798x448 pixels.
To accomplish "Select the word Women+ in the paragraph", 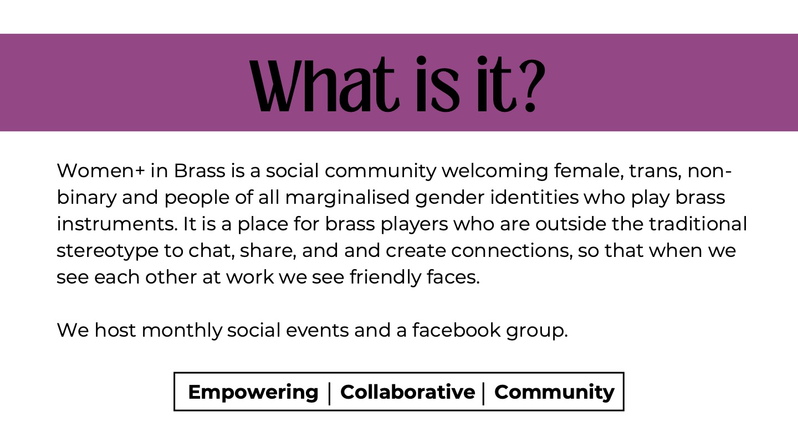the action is pyautogui.click(x=101, y=171).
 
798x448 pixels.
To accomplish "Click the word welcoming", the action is pyautogui.click(x=495, y=171).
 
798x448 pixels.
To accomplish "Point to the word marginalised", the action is pyautogui.click(x=347, y=198).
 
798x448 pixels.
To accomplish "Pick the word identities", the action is pyautogui.click(x=534, y=197).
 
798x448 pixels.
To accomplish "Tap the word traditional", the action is pyautogui.click(x=698, y=224).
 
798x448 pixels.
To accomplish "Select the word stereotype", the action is pyautogui.click(x=108, y=251).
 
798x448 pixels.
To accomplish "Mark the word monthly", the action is pyautogui.click(x=182, y=331).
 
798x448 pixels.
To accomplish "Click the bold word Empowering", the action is pyautogui.click(x=253, y=393).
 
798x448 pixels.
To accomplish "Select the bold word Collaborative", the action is pyautogui.click(x=407, y=392).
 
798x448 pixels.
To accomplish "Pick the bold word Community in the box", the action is pyautogui.click(x=554, y=393).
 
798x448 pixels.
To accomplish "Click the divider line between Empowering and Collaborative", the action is pyautogui.click(x=329, y=394).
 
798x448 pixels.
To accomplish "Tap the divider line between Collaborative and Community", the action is pyautogui.click(x=483, y=394).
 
